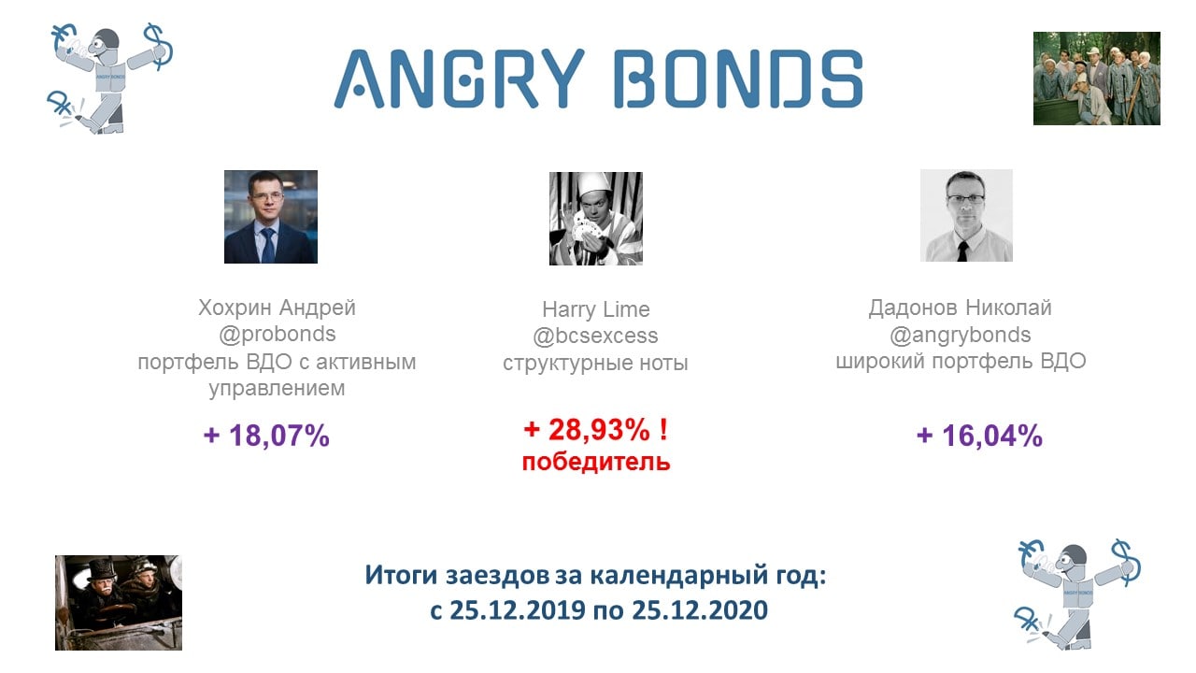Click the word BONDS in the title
(738, 79)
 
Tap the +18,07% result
(266, 436)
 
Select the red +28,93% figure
(595, 430)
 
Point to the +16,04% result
(980, 436)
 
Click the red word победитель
(596, 462)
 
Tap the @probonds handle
(278, 335)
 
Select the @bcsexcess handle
(595, 336)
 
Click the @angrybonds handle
(960, 336)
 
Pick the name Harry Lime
(596, 309)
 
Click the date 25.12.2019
(518, 610)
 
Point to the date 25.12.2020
(700, 610)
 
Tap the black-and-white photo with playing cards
(596, 219)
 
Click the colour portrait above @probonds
(271, 217)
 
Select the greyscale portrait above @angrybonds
(966, 215)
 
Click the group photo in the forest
(1097, 79)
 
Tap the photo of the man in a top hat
(119, 603)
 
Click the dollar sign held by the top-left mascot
(158, 47)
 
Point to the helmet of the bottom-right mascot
(1074, 554)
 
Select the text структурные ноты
(595, 364)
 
